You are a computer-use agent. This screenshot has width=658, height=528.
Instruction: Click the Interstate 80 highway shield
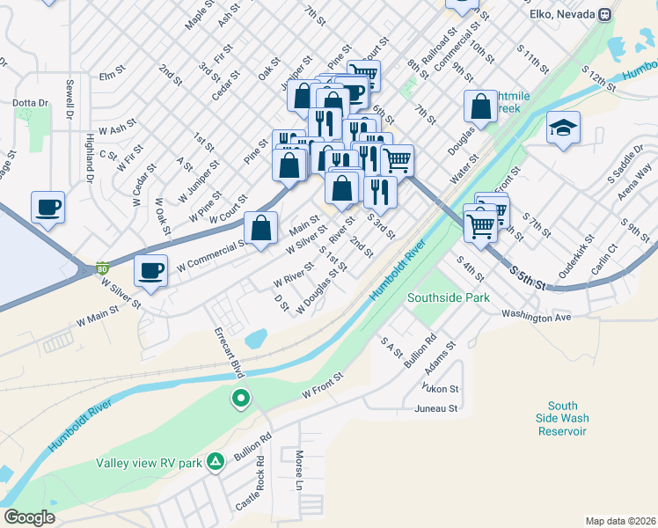[103, 268]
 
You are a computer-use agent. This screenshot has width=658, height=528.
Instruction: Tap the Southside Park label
[449, 298]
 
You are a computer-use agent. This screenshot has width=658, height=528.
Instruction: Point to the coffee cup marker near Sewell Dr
[48, 208]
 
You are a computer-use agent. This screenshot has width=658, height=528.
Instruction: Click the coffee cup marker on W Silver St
[151, 271]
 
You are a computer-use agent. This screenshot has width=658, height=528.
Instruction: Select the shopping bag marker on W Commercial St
[261, 229]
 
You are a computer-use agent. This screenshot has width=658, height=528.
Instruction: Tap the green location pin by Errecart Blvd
[240, 400]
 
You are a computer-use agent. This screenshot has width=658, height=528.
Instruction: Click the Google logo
[30, 517]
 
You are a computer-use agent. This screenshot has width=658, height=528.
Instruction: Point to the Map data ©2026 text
[620, 521]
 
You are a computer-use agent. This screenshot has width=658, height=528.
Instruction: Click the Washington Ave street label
[537, 314]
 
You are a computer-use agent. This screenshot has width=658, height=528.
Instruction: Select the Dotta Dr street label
[30, 103]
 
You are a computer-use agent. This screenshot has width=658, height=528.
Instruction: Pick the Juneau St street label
[436, 408]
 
